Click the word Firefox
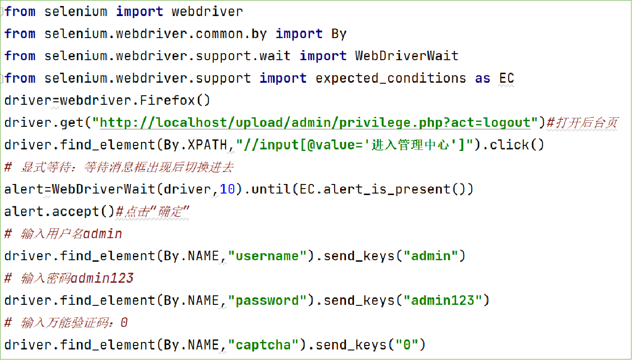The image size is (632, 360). coord(168,100)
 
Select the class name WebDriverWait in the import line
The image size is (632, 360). coord(407,56)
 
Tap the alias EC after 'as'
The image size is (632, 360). coord(507,78)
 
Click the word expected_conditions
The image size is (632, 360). coord(391,78)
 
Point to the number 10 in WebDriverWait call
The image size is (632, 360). coord(227,190)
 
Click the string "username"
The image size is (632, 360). coord(267,256)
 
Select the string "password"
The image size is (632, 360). coord(267,301)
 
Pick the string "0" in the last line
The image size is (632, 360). coord(407,345)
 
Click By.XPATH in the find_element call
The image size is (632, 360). coord(196,145)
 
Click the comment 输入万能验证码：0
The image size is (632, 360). coord(74,323)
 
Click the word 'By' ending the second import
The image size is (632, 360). coord(339,34)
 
